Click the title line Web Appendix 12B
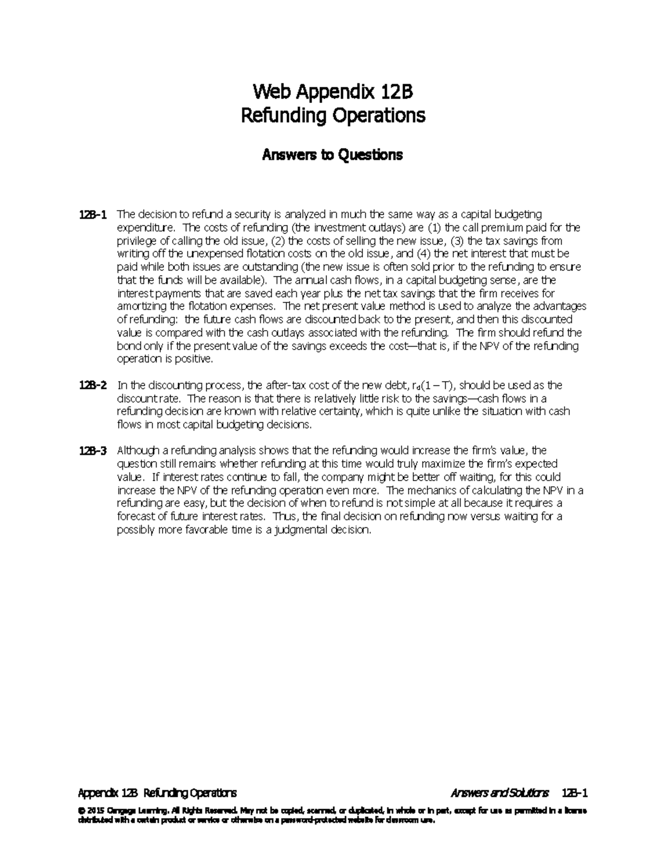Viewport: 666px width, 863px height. point(332,91)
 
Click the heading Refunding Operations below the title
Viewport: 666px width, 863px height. point(332,116)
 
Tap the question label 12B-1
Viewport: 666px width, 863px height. point(94,214)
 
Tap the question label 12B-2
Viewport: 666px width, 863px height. point(94,386)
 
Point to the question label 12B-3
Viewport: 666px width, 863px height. point(94,451)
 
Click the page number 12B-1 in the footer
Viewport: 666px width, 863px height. point(574,792)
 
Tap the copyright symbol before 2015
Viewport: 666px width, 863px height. point(81,811)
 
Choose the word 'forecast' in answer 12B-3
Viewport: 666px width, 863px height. point(135,517)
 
